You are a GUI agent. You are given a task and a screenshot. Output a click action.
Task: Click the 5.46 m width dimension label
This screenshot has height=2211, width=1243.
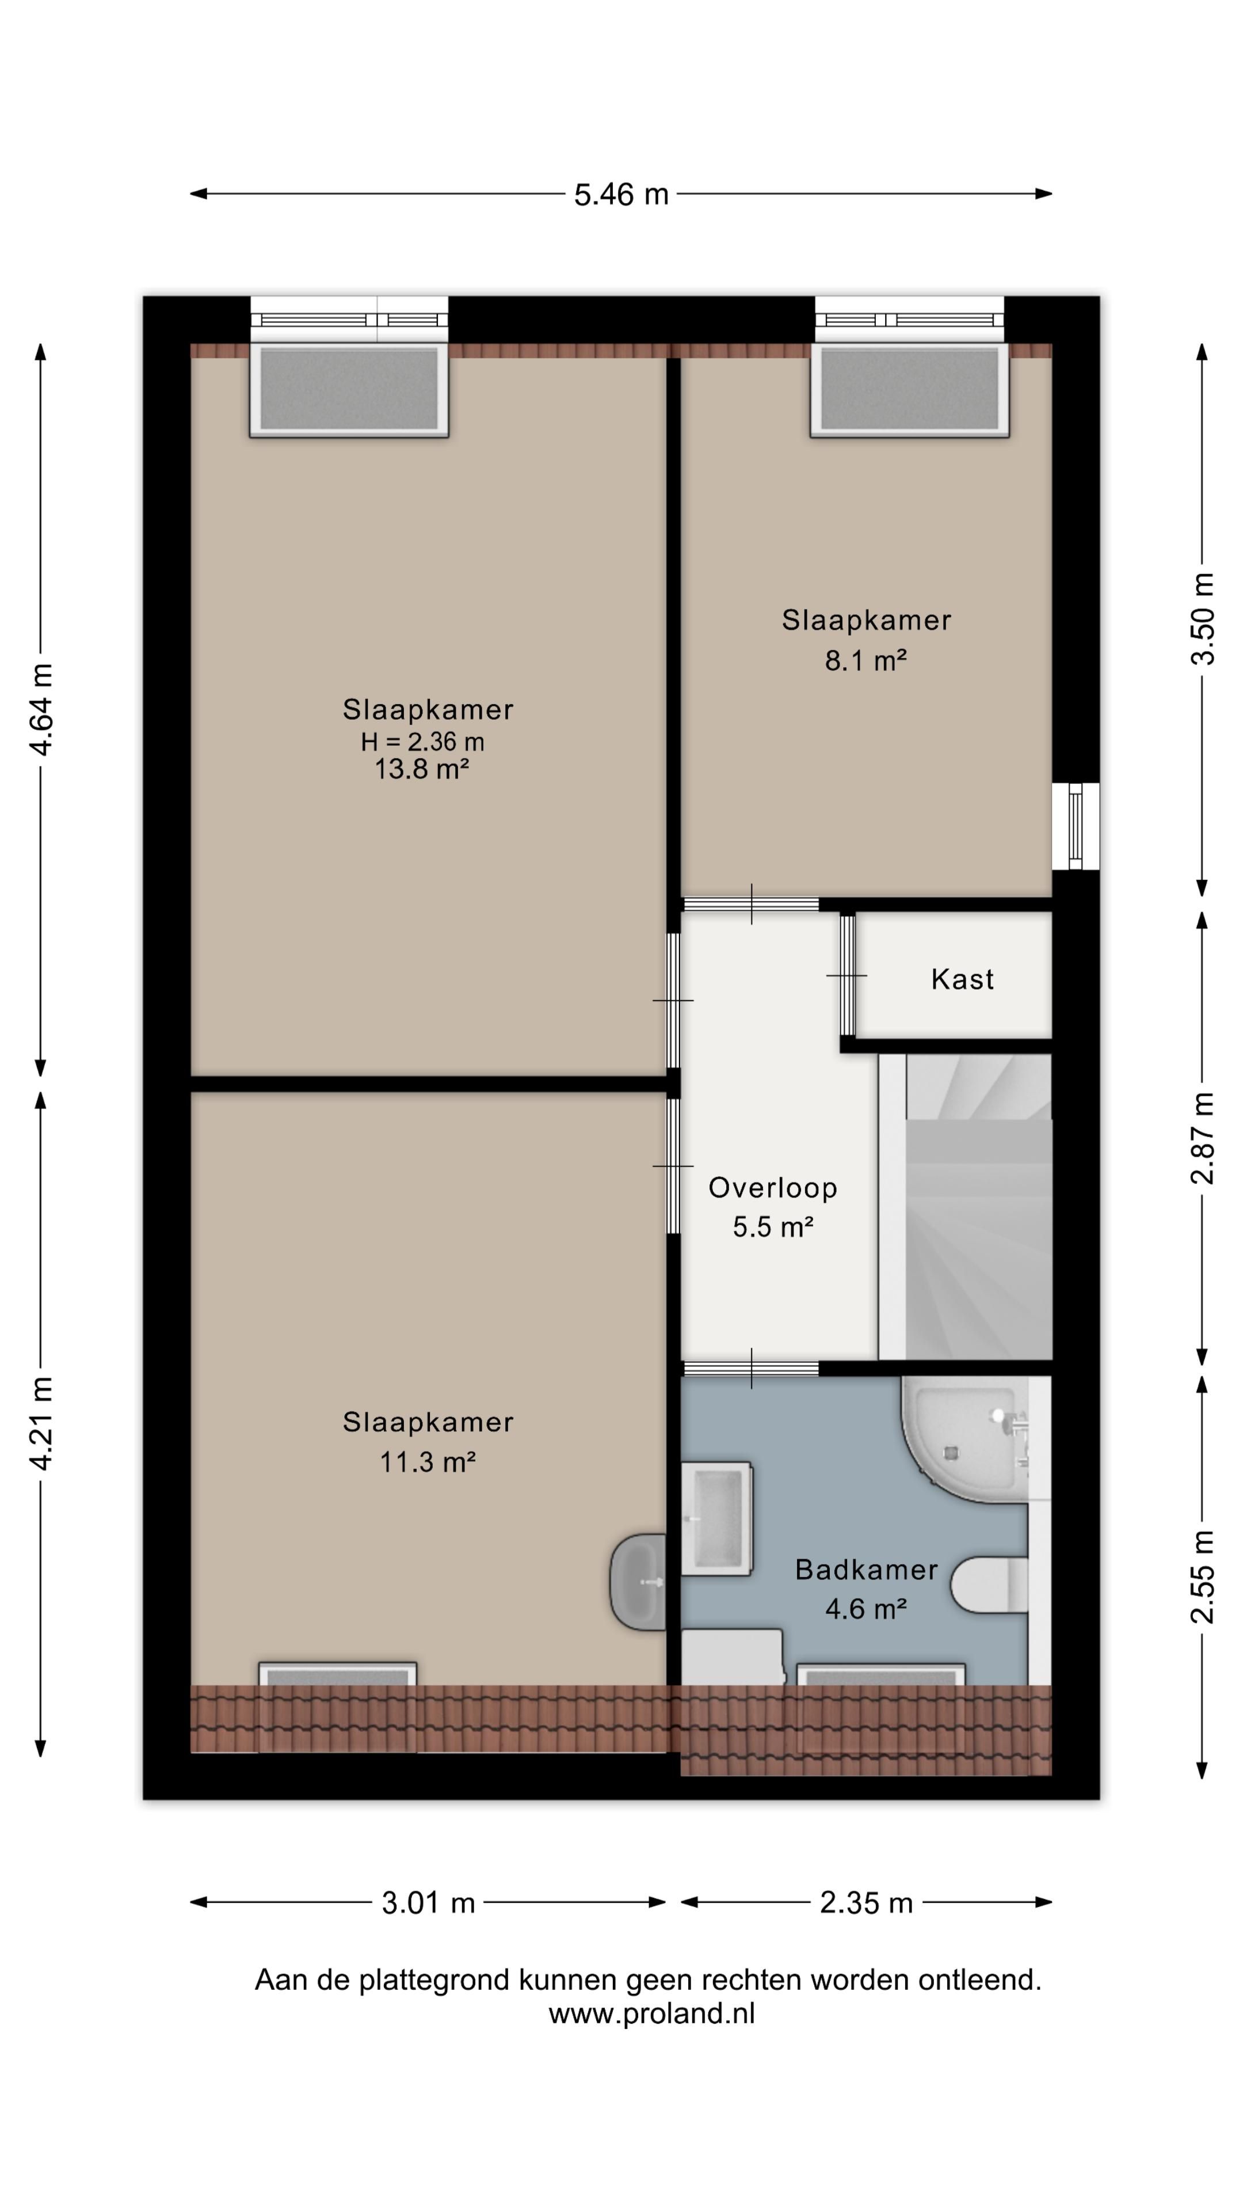[620, 195]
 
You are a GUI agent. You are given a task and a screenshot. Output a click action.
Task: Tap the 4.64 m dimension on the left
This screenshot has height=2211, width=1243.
[41, 709]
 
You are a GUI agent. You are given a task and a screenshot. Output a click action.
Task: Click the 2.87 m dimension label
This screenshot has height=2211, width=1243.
[1203, 1138]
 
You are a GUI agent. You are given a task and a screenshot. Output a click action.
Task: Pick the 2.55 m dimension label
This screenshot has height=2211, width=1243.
[1203, 1576]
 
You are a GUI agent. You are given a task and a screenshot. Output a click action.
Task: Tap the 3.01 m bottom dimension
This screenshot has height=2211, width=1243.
[428, 1903]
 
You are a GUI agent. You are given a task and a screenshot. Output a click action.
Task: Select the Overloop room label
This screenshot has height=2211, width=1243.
[772, 1188]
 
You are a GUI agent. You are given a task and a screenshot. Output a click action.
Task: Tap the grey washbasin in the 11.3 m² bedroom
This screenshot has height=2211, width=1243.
[638, 1582]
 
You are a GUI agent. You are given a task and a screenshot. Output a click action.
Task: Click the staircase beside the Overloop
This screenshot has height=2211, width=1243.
[965, 1207]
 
